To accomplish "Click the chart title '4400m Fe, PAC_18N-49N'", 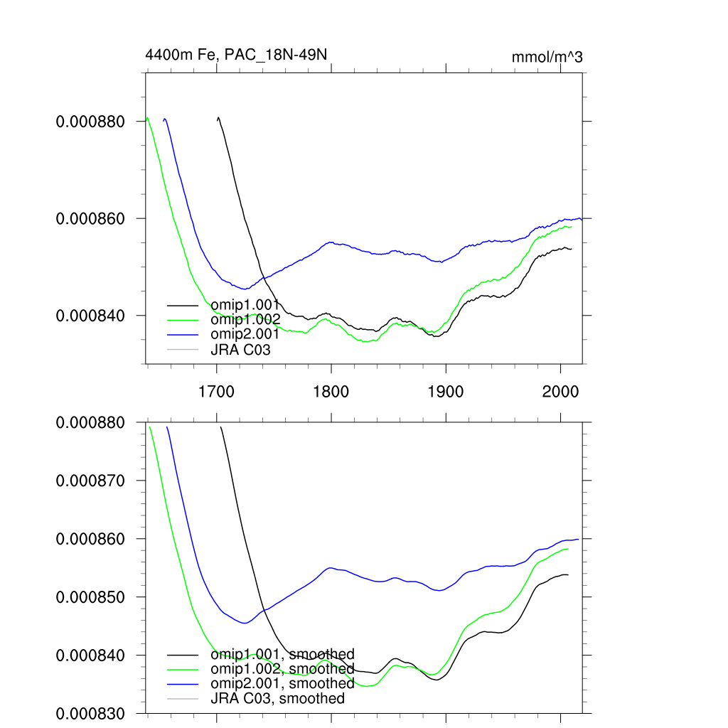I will [x=236, y=54].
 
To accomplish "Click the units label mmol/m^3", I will [x=547, y=58].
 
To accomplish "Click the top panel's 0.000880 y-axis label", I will [x=90, y=122].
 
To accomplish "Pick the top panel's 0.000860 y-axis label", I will [x=90, y=218].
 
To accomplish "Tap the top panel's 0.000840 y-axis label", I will [x=90, y=315].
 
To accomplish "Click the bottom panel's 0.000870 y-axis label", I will [x=90, y=481].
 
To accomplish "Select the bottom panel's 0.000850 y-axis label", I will [x=90, y=596].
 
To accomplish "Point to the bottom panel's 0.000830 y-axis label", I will [x=90, y=713].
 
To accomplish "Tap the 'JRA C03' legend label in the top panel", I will [x=240, y=350].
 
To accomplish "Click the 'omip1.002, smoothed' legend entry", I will [x=282, y=669].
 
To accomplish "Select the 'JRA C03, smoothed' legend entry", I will [x=277, y=698].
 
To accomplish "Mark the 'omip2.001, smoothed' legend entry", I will [x=282, y=683].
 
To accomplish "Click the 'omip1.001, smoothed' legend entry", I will [x=282, y=654].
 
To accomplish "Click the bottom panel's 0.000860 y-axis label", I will [x=90, y=539].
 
